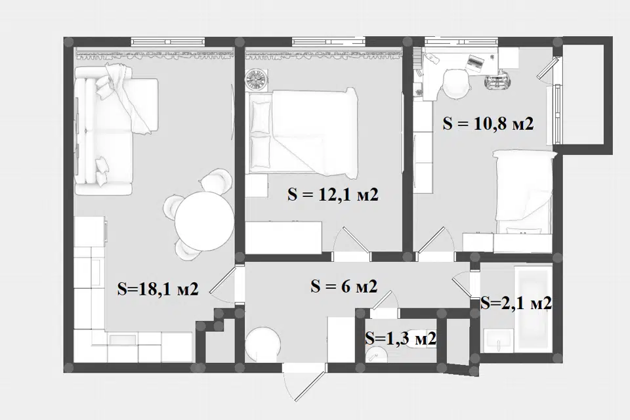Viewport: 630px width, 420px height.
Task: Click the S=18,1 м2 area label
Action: pos(158,289)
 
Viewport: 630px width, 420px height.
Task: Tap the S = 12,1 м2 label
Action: pos(333,195)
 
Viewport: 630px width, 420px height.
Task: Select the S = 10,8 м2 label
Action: pos(488,123)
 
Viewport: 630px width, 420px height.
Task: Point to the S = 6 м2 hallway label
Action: pos(344,286)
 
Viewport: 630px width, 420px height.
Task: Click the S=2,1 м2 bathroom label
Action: pos(516,303)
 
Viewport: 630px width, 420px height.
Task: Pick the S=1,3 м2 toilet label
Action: pos(400,338)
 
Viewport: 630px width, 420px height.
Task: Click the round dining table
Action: pos(204,220)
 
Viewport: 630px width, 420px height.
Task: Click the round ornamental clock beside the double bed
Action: pos(256,79)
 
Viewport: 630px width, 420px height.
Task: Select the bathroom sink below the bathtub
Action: pos(498,341)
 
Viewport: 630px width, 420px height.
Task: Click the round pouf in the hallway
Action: pos(262,344)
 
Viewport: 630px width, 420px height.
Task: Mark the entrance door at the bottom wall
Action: pos(304,383)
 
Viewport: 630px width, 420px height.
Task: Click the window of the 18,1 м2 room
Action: pos(168,41)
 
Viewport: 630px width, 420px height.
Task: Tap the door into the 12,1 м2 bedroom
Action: pos(352,240)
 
